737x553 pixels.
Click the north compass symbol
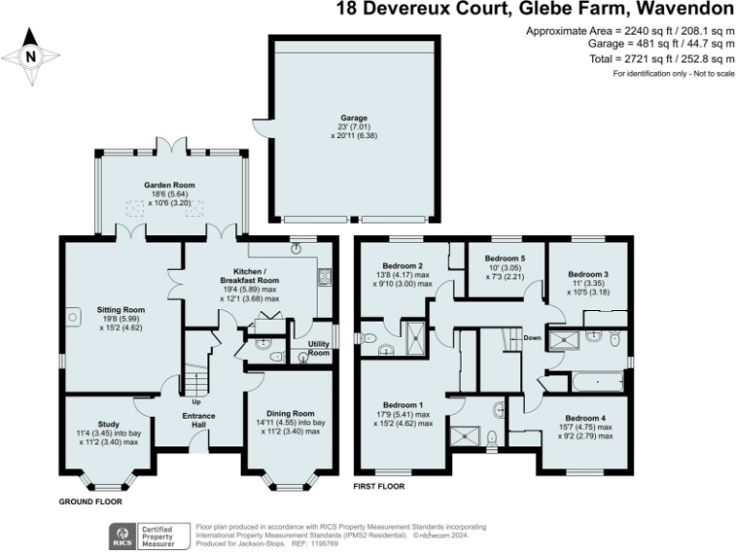click(x=31, y=55)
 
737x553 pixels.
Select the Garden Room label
click(x=168, y=184)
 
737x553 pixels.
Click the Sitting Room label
click(x=121, y=310)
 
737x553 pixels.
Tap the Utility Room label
click(x=319, y=349)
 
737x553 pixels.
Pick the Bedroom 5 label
click(x=505, y=259)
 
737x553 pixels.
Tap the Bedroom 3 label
click(x=586, y=274)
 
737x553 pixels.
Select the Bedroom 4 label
click(x=585, y=418)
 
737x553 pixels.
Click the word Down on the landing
click(x=533, y=338)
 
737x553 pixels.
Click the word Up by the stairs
click(x=196, y=401)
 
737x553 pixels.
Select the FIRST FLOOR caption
click(x=379, y=487)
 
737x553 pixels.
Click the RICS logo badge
click(x=123, y=533)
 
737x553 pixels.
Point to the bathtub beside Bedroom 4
click(x=594, y=382)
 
